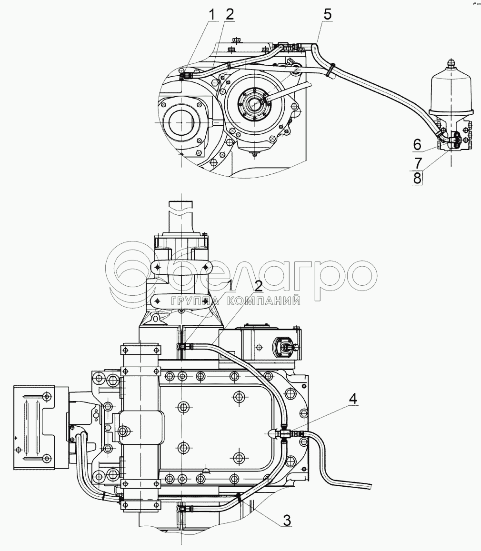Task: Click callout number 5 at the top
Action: pos(327,15)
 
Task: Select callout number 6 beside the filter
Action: pos(417,144)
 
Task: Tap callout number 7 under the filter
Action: pos(417,163)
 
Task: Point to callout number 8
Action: pos(417,178)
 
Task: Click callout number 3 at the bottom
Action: pos(287,521)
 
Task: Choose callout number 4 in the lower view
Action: pos(353,399)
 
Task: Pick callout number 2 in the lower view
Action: pos(258,286)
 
